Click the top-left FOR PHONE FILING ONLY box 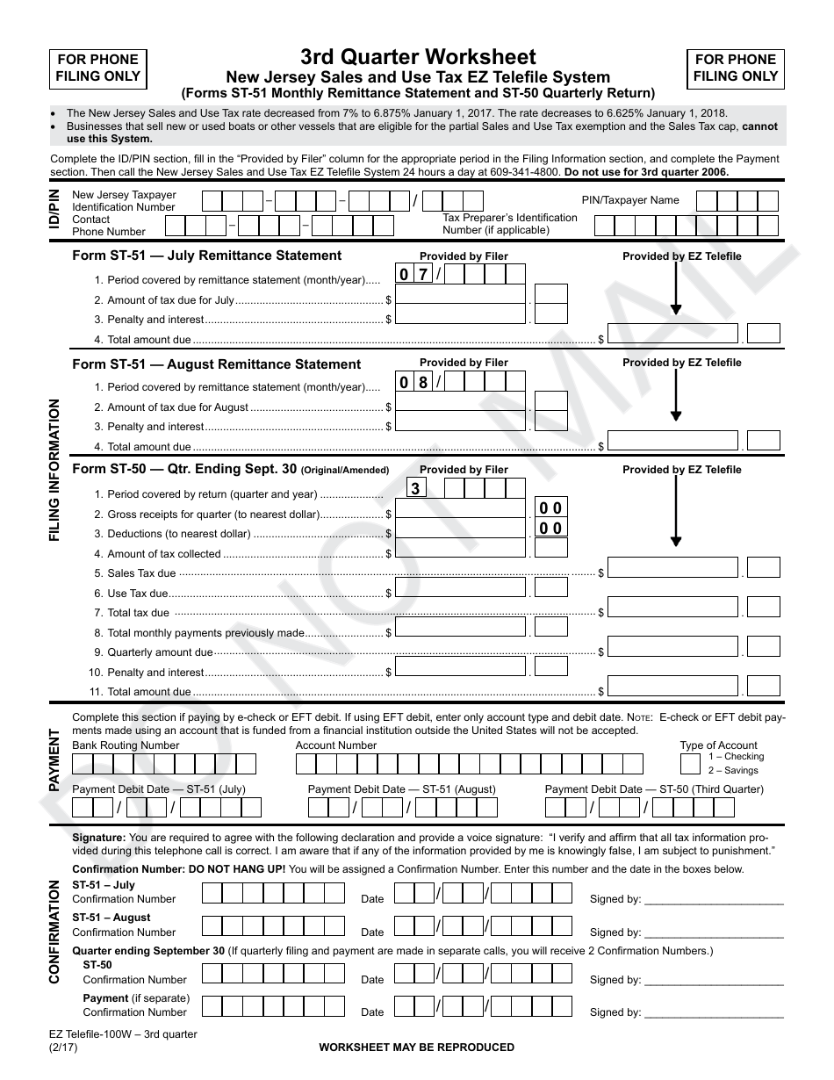pyautogui.click(x=97, y=68)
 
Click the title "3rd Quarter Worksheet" pyautogui.click(x=418, y=57)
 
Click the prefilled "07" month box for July pyautogui.click(x=413, y=275)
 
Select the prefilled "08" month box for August pyautogui.click(x=413, y=382)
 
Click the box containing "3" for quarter pyautogui.click(x=415, y=487)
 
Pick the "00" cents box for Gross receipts pyautogui.click(x=550, y=508)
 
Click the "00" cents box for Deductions pyautogui.click(x=550, y=528)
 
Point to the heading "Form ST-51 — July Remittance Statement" pyautogui.click(x=206, y=256)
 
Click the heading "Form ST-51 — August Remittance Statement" pyautogui.click(x=216, y=364)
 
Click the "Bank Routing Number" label pyautogui.click(x=126, y=745)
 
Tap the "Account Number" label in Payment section pyautogui.click(x=336, y=745)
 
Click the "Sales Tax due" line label pyautogui.click(x=141, y=573)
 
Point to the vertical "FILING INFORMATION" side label pyautogui.click(x=55, y=470)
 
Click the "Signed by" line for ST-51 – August pyautogui.click(x=713, y=932)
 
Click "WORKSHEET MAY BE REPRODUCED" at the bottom pyautogui.click(x=416, y=1048)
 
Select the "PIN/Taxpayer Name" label pyautogui.click(x=630, y=200)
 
